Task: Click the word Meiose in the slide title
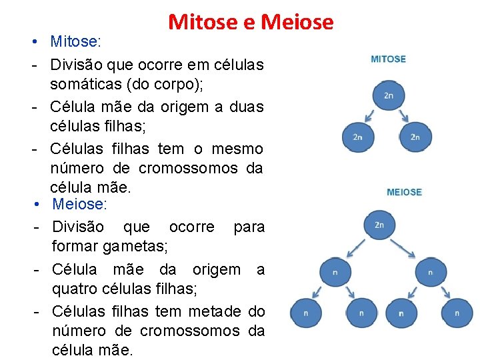(297, 22)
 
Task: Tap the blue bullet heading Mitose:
(75, 42)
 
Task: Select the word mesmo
(237, 149)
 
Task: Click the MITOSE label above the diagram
(388, 59)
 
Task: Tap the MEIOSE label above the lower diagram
(404, 192)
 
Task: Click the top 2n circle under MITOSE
(389, 96)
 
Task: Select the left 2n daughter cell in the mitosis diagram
(358, 137)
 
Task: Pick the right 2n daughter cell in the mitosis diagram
(415, 137)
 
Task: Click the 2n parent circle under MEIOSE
(379, 225)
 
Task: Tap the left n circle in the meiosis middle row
(335, 273)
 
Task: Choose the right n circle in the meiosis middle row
(431, 273)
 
